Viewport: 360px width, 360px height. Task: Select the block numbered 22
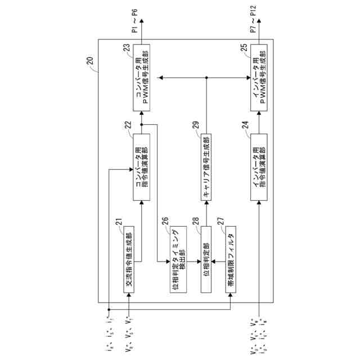pyautogui.click(x=142, y=168)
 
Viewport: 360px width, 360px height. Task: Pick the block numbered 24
pyautogui.click(x=258, y=168)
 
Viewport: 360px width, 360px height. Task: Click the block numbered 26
pyautogui.click(x=177, y=259)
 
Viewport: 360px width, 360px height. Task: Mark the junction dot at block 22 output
pyautogui.click(x=142, y=125)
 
